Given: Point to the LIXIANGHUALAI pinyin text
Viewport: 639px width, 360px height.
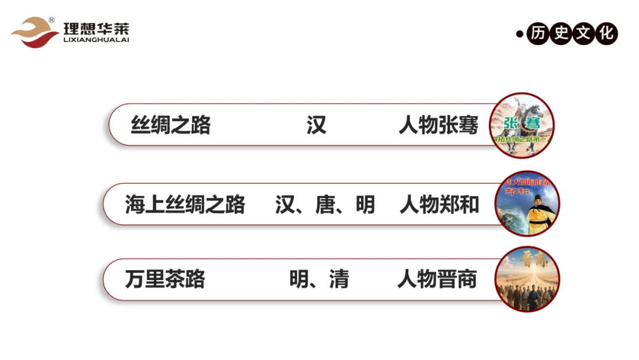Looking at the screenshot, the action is [96, 40].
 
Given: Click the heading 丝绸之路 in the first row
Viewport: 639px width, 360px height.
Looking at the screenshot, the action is [170, 126].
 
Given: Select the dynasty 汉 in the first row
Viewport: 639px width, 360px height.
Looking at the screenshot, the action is [317, 126].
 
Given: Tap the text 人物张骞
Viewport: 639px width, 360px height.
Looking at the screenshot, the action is [438, 126].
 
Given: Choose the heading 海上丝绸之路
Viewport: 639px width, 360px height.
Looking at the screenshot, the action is [185, 205].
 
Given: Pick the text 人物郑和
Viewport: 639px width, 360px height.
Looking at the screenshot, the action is [440, 205].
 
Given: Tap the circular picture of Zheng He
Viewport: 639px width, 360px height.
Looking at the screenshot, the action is [527, 204].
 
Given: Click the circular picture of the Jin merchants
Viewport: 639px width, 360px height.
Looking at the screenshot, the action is [527, 279].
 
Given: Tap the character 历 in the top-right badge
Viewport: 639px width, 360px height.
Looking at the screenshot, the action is [537, 33].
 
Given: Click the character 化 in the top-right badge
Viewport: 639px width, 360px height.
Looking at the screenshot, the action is [606, 33].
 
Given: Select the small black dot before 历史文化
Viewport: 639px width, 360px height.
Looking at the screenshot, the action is [519, 34].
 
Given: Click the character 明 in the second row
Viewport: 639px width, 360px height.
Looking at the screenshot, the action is [365, 205].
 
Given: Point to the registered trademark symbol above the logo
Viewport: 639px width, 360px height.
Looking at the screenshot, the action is [52, 20].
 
